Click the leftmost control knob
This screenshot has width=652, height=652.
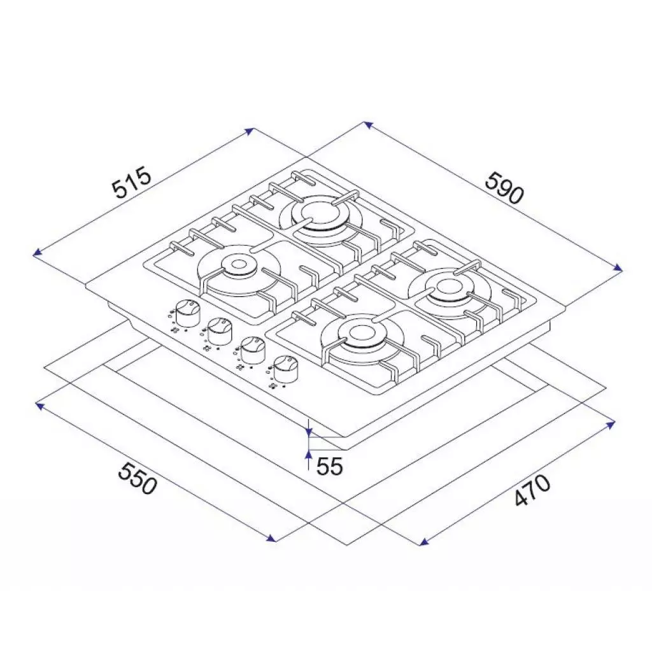click(187, 311)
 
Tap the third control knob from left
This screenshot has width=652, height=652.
click(252, 350)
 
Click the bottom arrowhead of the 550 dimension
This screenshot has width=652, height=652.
click(274, 540)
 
